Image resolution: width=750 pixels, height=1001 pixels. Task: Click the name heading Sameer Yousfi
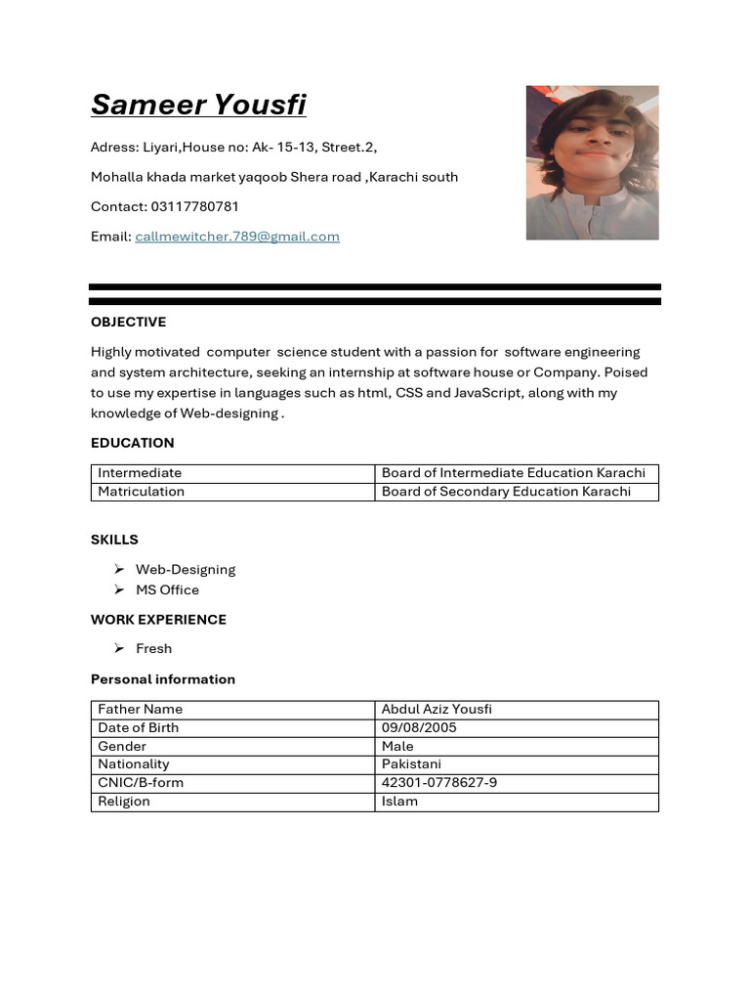pos(198,104)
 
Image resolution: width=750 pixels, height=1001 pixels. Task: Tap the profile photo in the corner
pos(592,162)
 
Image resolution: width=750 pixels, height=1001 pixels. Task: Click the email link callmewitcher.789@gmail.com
pos(237,237)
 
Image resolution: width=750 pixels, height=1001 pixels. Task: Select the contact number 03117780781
pos(194,207)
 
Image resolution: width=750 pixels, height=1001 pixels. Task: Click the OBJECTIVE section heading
pos(128,323)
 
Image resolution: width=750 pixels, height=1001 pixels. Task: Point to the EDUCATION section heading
pos(132,443)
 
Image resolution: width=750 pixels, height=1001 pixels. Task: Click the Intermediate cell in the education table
pos(140,473)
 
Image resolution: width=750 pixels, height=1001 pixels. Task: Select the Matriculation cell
pos(141,492)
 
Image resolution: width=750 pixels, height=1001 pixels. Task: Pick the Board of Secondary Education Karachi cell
pos(506,492)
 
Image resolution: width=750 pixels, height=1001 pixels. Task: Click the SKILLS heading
pos(114,540)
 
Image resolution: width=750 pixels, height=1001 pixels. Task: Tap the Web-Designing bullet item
pos(186,570)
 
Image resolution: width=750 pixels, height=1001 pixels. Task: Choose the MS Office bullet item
pos(167,590)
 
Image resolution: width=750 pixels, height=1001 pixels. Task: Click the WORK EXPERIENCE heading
pos(158,620)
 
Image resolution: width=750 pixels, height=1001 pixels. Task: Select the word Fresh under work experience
pos(153,649)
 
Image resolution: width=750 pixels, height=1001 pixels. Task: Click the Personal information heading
pos(163,679)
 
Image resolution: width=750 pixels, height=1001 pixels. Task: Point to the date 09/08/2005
pos(419,728)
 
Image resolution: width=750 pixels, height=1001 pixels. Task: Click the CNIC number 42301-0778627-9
pos(439,783)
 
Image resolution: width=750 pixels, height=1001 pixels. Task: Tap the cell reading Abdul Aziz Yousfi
pos(437,710)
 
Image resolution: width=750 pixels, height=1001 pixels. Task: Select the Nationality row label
pos(134,764)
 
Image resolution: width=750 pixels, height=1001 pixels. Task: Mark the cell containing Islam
pos(399,802)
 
